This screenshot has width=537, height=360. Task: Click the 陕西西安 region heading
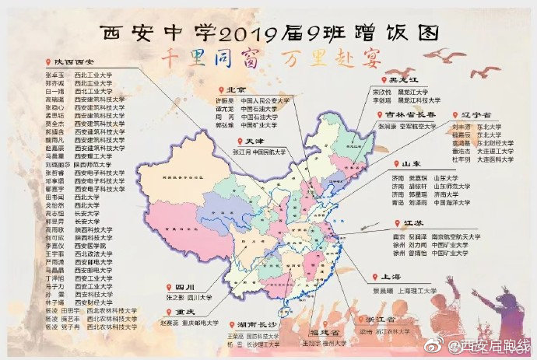(x=74, y=62)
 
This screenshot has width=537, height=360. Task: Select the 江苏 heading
(x=413, y=222)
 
